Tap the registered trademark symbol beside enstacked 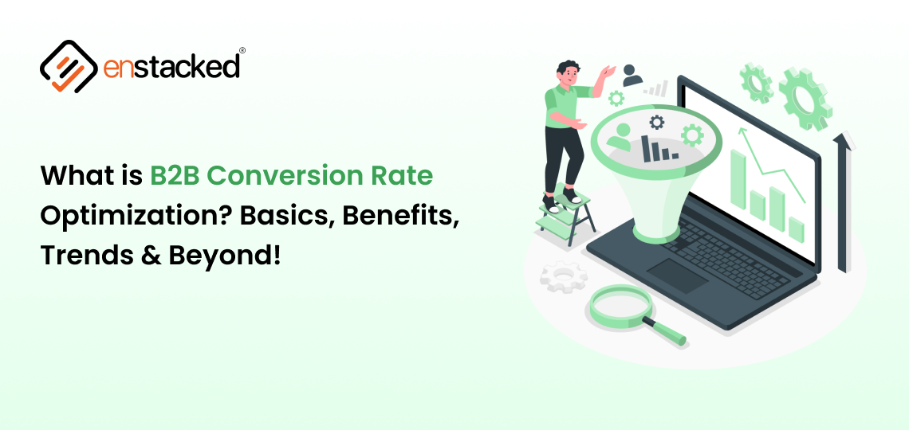(x=242, y=50)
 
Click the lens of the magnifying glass (x=620, y=302)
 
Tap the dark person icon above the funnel (x=632, y=75)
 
